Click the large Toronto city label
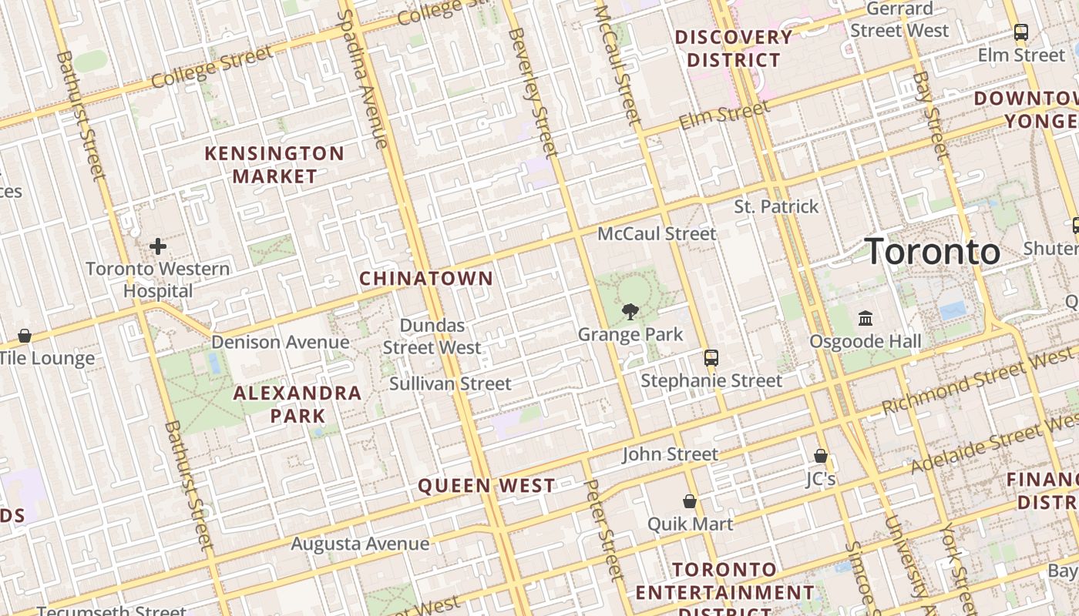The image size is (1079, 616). [x=933, y=252]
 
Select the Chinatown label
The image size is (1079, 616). [x=426, y=278]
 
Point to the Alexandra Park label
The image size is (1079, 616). [x=297, y=404]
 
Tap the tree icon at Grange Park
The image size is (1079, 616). [x=630, y=311]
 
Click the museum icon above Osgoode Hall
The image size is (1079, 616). [x=866, y=318]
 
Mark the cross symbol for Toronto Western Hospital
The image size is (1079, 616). [x=158, y=246]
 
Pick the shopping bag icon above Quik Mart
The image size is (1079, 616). [x=690, y=501]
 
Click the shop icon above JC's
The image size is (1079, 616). [x=821, y=456]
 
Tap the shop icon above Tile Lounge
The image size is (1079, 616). [x=25, y=336]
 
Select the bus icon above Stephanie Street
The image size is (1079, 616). [x=711, y=358]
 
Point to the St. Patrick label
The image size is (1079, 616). [x=776, y=206]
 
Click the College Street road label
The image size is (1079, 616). [x=212, y=67]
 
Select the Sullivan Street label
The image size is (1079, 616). [x=450, y=383]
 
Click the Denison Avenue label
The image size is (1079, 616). [x=281, y=342]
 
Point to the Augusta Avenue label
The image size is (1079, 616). [x=360, y=544]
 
